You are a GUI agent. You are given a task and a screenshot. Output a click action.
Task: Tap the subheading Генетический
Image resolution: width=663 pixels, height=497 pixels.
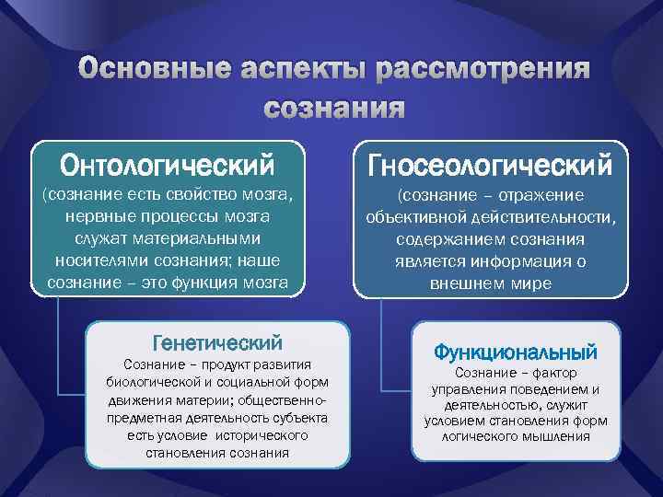(x=217, y=343)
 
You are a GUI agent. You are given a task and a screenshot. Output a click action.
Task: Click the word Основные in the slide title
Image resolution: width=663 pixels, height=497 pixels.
(x=156, y=72)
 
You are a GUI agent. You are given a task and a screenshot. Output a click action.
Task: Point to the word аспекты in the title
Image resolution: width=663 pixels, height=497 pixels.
(x=301, y=72)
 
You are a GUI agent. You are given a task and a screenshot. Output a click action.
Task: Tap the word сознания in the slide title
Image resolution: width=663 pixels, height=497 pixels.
(x=333, y=108)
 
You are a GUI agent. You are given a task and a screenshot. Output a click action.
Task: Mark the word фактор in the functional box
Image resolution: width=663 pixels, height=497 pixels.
(x=552, y=373)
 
